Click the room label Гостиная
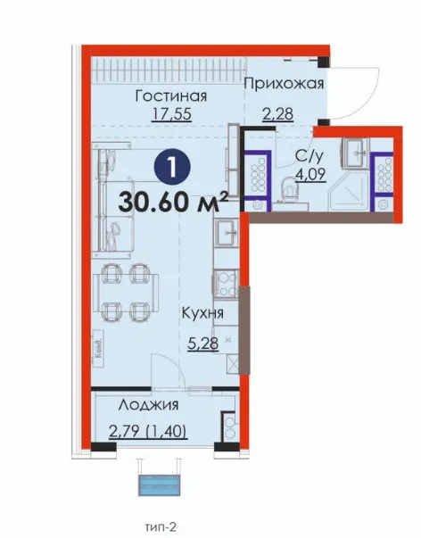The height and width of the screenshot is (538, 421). (171, 95)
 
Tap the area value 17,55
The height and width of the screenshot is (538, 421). (171, 114)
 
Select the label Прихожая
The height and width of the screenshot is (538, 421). (284, 83)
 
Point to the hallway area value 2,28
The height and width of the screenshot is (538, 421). (278, 114)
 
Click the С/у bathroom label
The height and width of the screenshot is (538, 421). (310, 156)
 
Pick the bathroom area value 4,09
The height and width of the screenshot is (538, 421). (310, 174)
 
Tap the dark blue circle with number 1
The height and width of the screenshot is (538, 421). (172, 167)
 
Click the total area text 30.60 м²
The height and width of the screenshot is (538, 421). (173, 202)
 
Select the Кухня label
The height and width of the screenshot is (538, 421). (202, 313)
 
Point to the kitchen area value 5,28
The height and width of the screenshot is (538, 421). (203, 343)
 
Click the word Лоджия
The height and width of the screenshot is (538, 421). (148, 405)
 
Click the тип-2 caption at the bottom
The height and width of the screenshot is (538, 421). (161, 526)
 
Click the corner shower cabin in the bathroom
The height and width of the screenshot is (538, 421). (348, 192)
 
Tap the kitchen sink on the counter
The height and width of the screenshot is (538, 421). (226, 233)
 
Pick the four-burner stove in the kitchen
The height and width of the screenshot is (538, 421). (226, 284)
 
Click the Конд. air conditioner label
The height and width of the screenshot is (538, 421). (99, 349)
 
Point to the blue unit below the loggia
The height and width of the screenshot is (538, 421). (159, 485)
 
